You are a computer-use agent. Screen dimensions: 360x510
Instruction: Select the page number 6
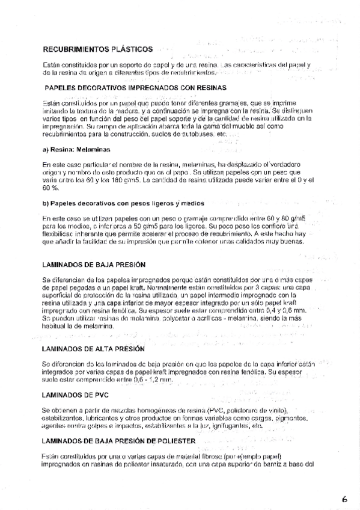tap(344, 499)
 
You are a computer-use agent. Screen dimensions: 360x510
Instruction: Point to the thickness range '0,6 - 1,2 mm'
tap(150, 381)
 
